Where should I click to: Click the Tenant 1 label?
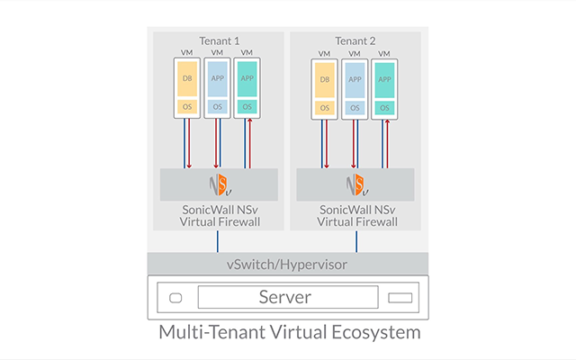click(219, 40)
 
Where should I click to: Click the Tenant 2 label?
click(355, 40)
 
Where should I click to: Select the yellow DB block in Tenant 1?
click(186, 78)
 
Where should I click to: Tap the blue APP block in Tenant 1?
click(217, 78)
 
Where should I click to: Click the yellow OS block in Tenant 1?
click(186, 107)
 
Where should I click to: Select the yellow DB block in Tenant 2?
click(325, 79)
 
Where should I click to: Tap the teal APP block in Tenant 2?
click(384, 79)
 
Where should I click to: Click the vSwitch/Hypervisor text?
click(287, 265)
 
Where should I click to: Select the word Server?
click(286, 297)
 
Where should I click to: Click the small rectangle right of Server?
click(399, 298)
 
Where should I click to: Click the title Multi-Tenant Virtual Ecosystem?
click(289, 333)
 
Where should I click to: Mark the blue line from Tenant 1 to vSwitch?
click(219, 241)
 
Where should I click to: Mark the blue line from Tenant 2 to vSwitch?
click(356, 241)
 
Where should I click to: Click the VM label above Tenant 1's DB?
click(186, 53)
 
